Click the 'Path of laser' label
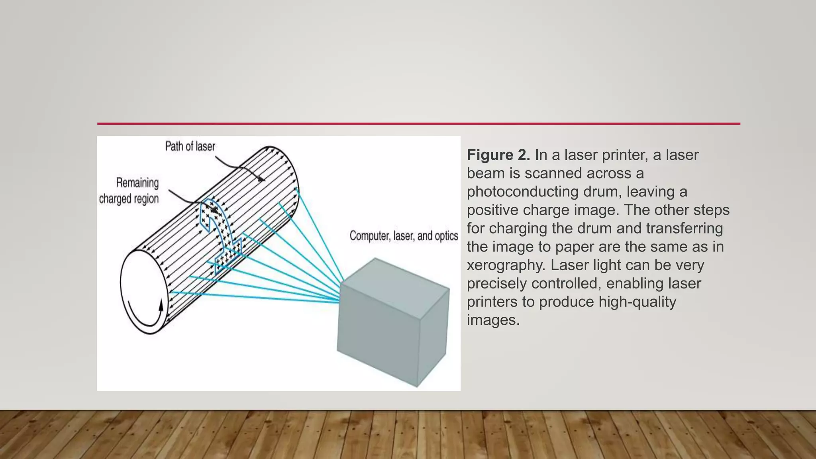[190, 147]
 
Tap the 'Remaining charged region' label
[129, 191]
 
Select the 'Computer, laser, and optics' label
[404, 236]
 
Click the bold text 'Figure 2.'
[498, 155]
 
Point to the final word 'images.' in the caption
[493, 320]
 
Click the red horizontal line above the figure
[418, 124]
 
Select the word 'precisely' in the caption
[497, 283]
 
